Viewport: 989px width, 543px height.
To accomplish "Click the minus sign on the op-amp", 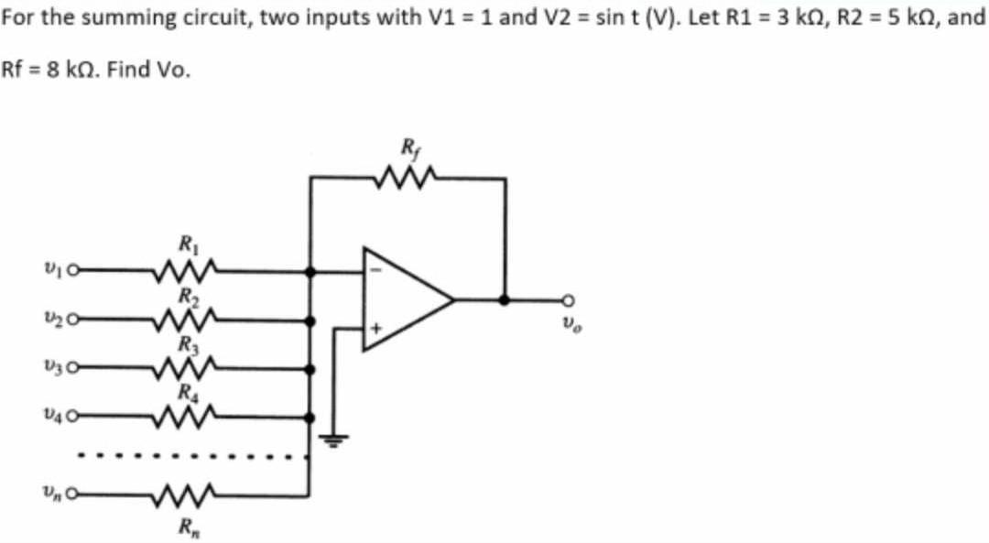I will click(x=374, y=271).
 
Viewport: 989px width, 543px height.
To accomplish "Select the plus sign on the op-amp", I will click(x=374, y=327).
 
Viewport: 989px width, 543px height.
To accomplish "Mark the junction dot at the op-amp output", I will click(x=504, y=299).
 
